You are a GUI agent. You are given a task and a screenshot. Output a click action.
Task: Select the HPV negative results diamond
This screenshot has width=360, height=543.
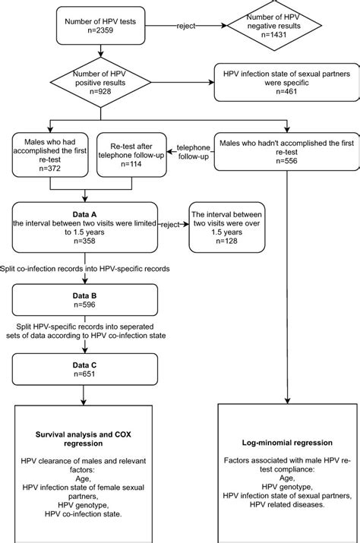tap(288, 27)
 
